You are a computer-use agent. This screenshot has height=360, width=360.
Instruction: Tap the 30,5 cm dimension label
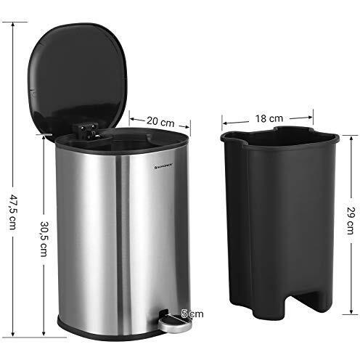point(44,237)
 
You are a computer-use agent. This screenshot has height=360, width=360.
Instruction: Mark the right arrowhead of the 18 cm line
point(313,113)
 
